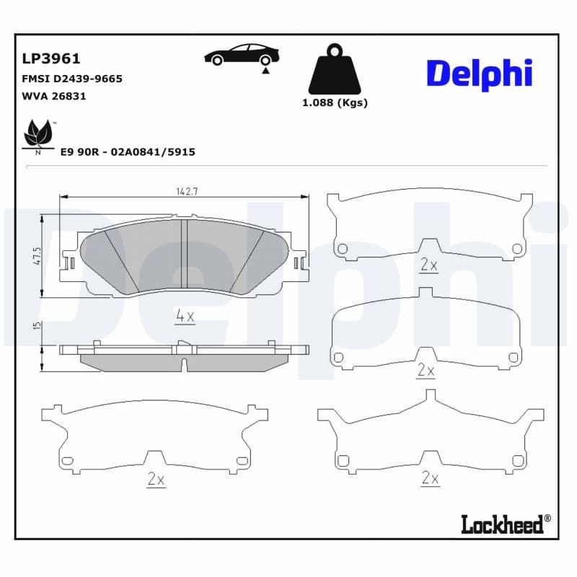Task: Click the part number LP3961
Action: [51, 59]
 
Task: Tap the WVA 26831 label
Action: [55, 96]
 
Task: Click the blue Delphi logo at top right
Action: [480, 74]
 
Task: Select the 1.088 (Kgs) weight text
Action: [334, 102]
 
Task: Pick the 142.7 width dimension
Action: [187, 191]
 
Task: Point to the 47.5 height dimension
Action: [37, 256]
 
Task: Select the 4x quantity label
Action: [185, 315]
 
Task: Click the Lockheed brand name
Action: [502, 524]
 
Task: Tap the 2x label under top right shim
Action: [428, 265]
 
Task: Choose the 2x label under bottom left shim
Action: [156, 479]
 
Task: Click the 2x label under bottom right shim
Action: [430, 477]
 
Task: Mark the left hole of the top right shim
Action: [343, 249]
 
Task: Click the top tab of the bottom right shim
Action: [431, 396]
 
